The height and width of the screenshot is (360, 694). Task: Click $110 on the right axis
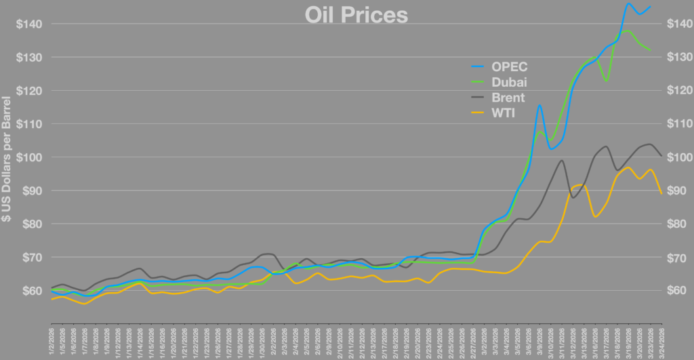pos(674,124)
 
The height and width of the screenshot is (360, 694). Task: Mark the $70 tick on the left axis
pos(32,258)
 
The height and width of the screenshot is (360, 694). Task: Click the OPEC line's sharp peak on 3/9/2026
pos(539,104)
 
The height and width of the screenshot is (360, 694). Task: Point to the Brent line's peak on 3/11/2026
pos(562,160)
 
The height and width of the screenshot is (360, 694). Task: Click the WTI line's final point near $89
pos(661,194)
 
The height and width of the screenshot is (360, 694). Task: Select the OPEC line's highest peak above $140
pos(628,3)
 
